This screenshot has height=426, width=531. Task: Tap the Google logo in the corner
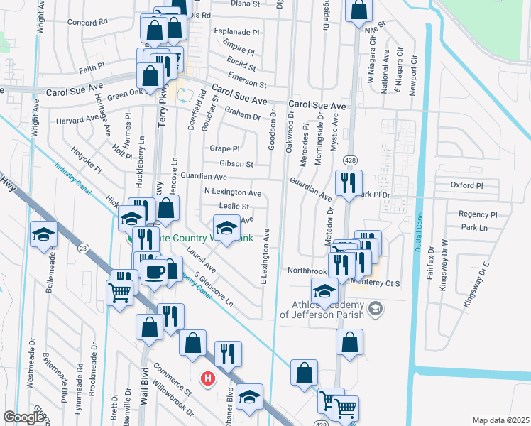tap(25, 417)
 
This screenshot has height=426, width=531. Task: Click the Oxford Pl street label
tap(466, 185)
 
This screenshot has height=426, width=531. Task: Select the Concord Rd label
tap(87, 22)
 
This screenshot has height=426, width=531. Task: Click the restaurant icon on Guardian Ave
tap(349, 182)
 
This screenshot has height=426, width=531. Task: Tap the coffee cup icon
tap(154, 272)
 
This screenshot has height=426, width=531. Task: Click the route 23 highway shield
tap(83, 248)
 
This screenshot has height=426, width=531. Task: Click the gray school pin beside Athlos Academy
tap(376, 309)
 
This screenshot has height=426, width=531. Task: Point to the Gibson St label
tap(236, 163)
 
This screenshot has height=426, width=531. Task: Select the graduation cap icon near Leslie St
tap(226, 229)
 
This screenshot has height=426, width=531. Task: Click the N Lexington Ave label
tap(232, 192)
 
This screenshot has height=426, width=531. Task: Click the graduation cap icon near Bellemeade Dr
tap(43, 234)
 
